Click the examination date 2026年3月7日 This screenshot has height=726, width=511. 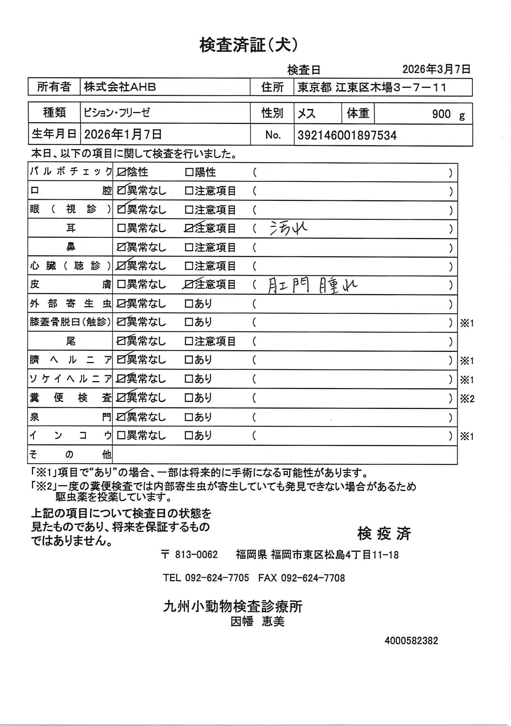pyautogui.click(x=436, y=69)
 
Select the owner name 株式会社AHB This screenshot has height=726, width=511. pyautogui.click(x=120, y=87)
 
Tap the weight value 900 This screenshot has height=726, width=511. pyautogui.click(x=441, y=114)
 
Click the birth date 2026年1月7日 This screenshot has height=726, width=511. pyautogui.click(x=123, y=135)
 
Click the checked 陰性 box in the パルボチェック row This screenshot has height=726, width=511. pyautogui.click(x=121, y=173)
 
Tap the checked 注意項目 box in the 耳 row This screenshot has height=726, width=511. pyautogui.click(x=189, y=229)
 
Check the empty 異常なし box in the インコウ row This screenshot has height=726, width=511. pyautogui.click(x=121, y=436)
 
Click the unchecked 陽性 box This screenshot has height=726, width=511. pyautogui.click(x=189, y=173)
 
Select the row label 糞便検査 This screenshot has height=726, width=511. pyautogui.click(x=70, y=398)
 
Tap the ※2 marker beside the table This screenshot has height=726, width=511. pyautogui.click(x=467, y=399)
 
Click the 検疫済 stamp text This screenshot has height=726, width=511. pyautogui.click(x=384, y=534)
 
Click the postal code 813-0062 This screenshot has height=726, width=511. pyautogui.click(x=196, y=554)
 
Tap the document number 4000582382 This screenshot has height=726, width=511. pyautogui.click(x=411, y=641)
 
